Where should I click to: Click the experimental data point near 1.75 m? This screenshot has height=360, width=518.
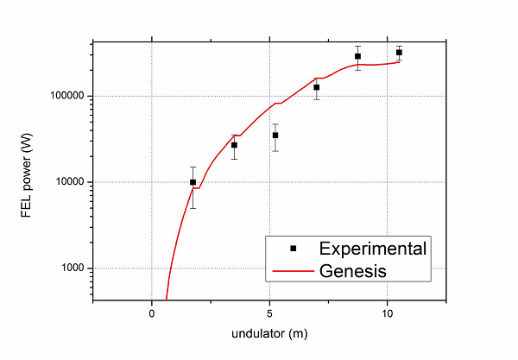pos(193,182)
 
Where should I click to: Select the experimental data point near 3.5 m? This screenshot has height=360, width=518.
pos(234,145)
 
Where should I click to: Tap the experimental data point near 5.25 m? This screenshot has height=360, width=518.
pos(275,136)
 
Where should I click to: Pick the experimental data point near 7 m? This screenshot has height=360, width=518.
pos(317,87)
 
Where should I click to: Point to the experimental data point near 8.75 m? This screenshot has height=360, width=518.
pos(357,56)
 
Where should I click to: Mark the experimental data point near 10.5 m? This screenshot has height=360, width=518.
pos(399,53)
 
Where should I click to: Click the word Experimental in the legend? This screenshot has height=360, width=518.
pos(373,249)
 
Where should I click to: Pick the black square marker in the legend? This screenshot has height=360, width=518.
pos(293,249)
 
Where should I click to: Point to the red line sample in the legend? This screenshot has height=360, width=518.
pos(293,270)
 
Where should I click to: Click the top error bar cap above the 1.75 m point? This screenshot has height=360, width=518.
pos(193,167)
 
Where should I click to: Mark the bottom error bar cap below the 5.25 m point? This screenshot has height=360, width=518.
pos(275,151)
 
